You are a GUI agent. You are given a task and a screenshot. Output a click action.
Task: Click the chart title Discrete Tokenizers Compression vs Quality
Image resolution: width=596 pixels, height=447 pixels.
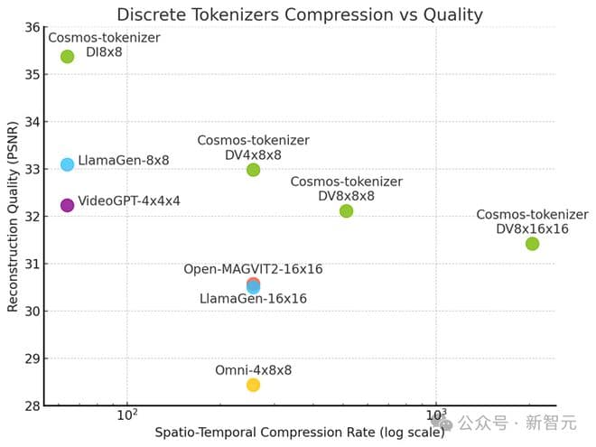[299, 14]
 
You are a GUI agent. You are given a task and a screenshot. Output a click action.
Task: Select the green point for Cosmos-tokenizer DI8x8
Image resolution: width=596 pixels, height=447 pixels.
[67, 56]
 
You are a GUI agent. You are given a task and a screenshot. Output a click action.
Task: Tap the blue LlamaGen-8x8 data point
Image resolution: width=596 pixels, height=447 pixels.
[67, 164]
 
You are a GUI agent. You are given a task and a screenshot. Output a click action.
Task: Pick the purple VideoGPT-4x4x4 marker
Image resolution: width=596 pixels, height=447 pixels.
[67, 205]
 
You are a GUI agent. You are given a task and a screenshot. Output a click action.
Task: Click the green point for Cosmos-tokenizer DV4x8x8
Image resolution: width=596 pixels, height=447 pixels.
[253, 170]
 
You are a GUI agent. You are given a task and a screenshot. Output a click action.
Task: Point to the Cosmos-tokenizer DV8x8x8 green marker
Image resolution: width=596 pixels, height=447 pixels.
[346, 210]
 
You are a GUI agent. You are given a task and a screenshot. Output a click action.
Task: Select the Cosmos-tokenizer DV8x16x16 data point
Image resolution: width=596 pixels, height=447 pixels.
[532, 244]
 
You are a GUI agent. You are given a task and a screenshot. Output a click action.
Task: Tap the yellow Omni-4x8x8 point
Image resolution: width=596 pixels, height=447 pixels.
[253, 385]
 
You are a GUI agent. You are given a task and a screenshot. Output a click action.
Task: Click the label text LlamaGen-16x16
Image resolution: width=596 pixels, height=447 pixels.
[253, 299]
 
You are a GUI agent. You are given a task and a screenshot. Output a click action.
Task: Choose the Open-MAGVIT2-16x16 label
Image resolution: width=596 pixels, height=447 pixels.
[253, 269]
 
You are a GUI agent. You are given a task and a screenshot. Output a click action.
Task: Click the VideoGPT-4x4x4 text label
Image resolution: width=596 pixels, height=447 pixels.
[129, 201]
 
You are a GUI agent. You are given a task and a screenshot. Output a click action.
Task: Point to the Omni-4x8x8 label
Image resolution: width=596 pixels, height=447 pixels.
[253, 370]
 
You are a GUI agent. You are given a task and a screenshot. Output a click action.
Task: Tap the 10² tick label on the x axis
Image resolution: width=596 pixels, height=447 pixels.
[127, 416]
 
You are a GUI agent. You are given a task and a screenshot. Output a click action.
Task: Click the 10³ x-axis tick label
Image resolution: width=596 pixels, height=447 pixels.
[436, 416]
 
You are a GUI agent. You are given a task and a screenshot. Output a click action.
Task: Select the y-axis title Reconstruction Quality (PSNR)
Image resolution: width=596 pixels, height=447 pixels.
[13, 217]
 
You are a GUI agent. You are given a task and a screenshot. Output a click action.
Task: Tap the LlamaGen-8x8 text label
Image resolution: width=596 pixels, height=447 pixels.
[124, 161]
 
